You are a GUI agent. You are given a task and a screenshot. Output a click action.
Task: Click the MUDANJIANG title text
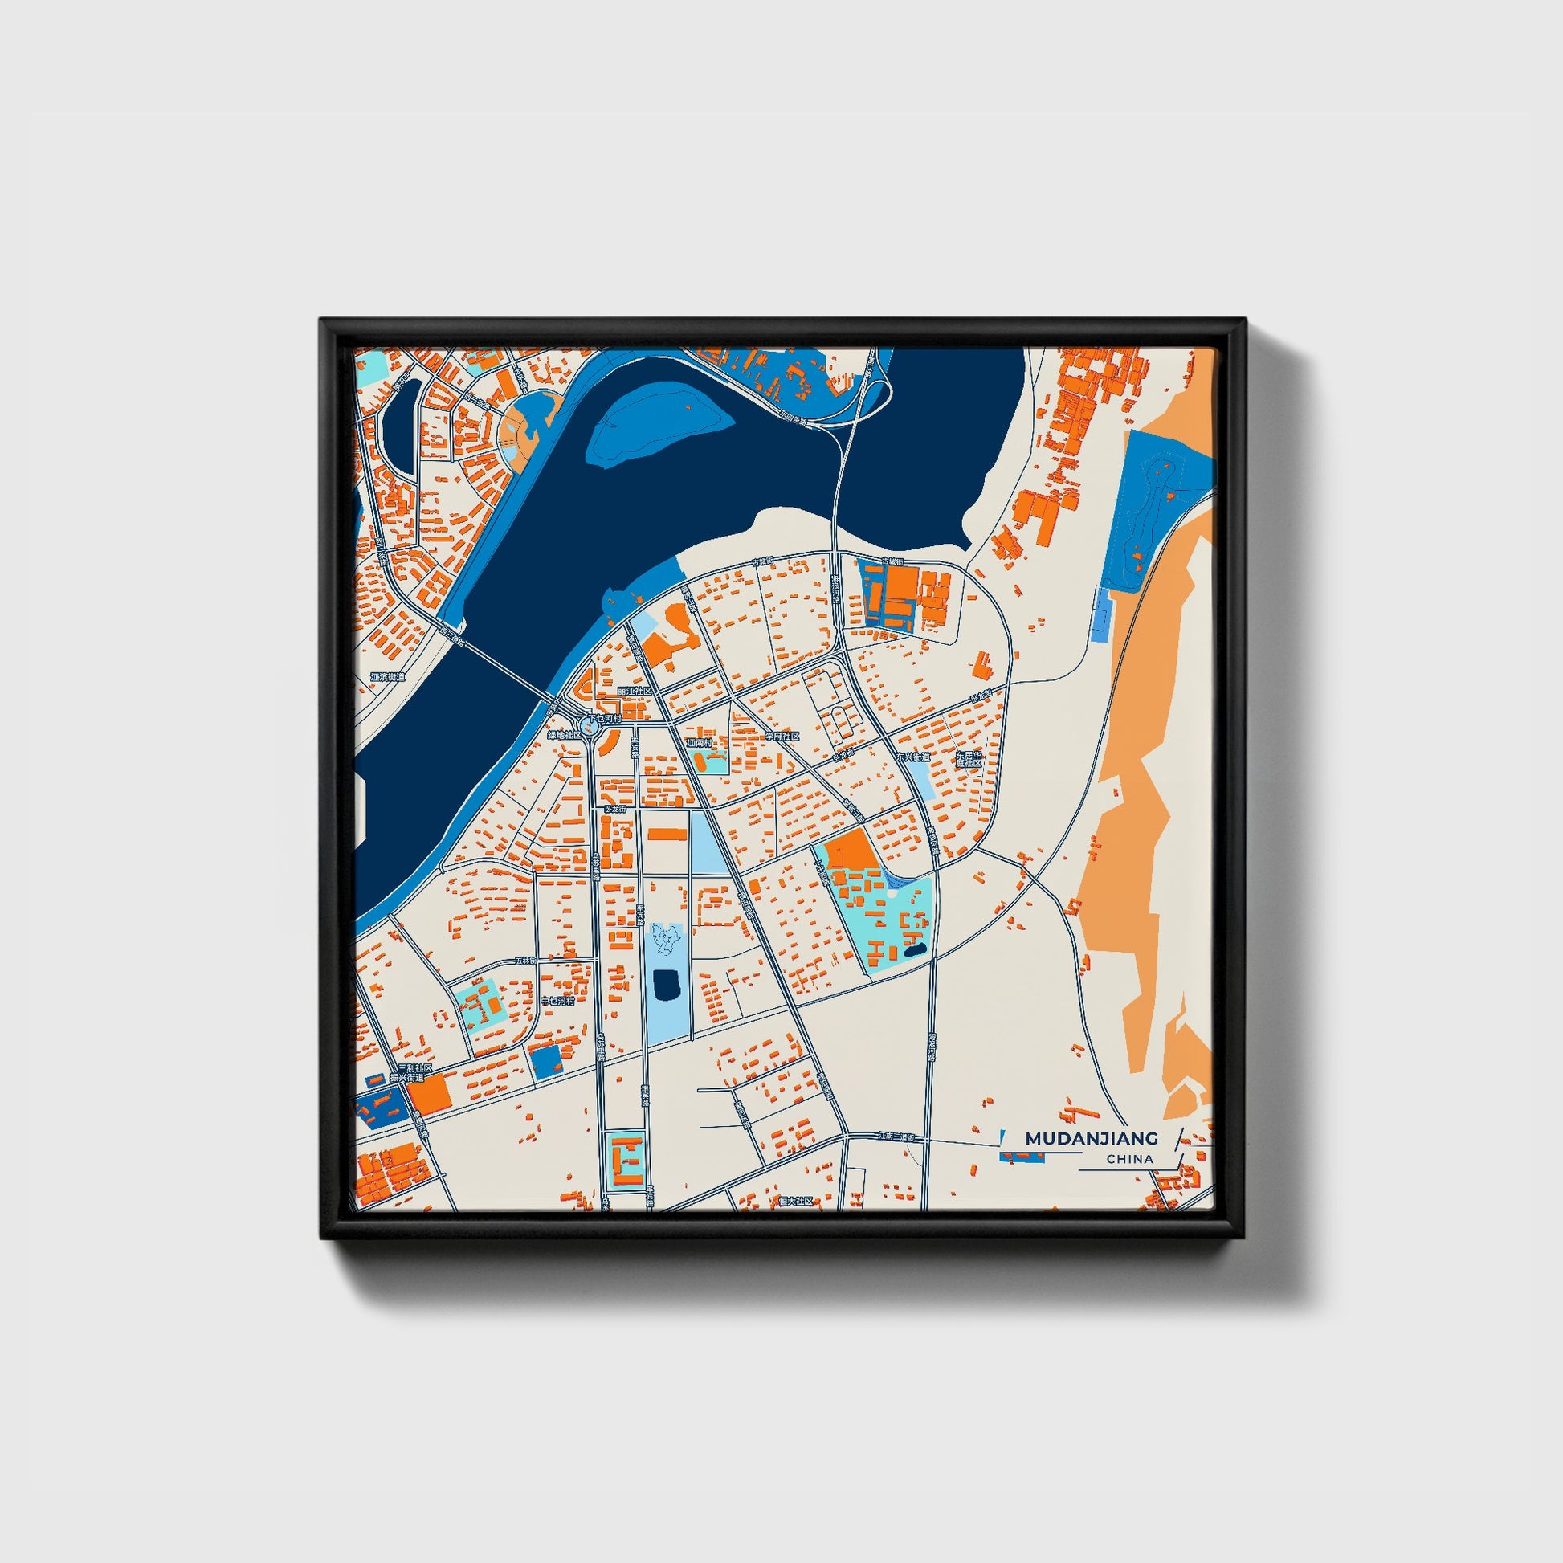[1092, 1138]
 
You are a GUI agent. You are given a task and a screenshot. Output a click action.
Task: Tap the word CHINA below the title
[1129, 1159]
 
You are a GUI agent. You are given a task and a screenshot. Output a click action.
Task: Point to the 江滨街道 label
[387, 676]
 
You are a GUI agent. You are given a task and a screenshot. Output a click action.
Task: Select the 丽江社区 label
[635, 692]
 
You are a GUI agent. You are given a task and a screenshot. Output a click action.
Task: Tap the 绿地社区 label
[564, 736]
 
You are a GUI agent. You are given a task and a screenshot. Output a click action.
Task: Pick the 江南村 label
[699, 742]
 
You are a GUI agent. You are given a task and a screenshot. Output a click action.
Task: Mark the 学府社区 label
[782, 737]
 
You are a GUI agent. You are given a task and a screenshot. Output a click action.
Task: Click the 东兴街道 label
[912, 758]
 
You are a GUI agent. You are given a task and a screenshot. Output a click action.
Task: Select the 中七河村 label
[557, 1001]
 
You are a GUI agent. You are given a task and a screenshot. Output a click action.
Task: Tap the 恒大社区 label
[794, 1202]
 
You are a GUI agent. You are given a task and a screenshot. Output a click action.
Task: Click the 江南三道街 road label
[901, 1137]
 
